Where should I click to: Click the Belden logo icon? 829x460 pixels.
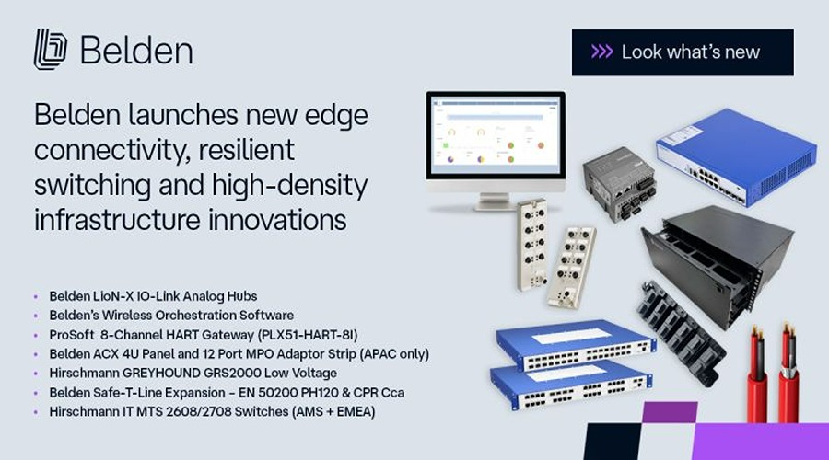click(51, 49)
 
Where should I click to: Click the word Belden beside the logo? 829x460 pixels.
click(136, 51)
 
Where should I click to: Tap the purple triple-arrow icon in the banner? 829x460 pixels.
click(601, 52)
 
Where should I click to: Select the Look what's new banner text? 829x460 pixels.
click(691, 52)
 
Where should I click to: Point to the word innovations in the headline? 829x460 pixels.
click(277, 220)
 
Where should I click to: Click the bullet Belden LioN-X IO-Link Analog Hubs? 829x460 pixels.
click(153, 296)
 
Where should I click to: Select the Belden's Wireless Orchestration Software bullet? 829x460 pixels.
click(171, 316)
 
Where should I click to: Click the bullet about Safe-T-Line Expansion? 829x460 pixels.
click(227, 393)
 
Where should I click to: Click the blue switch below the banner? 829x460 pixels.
click(737, 156)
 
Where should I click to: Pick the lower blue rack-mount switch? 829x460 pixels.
click(571, 384)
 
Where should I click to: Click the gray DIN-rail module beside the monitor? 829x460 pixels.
click(620, 183)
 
